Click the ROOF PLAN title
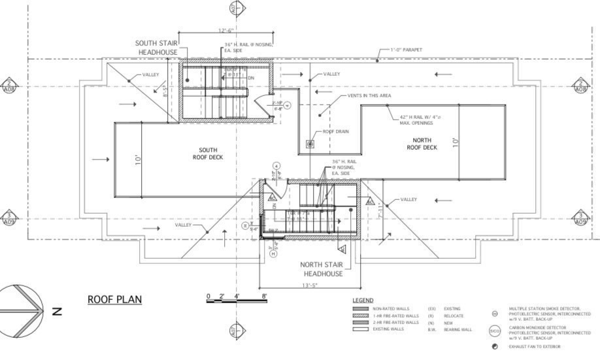114,299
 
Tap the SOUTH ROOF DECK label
208,154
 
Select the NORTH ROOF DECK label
422,144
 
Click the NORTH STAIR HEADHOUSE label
321,269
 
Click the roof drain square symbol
310,143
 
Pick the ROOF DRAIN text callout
336,131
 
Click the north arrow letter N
57,312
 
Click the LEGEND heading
362,300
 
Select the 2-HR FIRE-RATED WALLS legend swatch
361,322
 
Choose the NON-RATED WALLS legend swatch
361,308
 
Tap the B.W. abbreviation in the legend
432,329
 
